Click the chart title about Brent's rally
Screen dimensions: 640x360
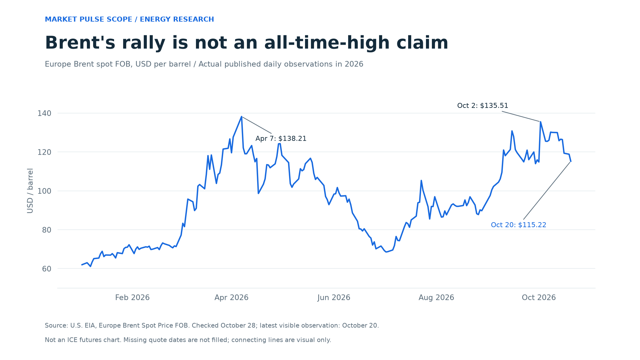coord(247,43)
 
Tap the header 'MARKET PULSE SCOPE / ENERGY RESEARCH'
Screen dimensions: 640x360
coord(129,19)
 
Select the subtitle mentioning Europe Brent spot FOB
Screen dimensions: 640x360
coord(204,64)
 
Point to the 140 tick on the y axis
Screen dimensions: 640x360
coord(44,113)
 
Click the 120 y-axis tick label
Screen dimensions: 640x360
coord(44,152)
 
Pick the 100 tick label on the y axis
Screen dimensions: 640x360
coord(44,191)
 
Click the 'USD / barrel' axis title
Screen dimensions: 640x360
coord(30,191)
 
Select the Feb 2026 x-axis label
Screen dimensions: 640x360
coord(132,297)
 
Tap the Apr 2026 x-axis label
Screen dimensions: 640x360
coord(231,297)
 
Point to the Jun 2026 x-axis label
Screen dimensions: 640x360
coord(334,297)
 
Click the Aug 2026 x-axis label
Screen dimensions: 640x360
coord(436,297)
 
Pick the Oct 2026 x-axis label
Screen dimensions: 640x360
coord(539,297)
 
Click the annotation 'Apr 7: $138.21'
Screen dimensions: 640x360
coord(281,139)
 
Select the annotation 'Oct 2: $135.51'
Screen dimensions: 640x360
coord(482,106)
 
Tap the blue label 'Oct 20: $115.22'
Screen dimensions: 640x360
coord(518,225)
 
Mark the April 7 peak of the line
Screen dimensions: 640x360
coord(242,117)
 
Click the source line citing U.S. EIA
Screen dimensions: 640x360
coord(212,326)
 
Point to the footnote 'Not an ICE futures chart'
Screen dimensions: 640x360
coord(188,340)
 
